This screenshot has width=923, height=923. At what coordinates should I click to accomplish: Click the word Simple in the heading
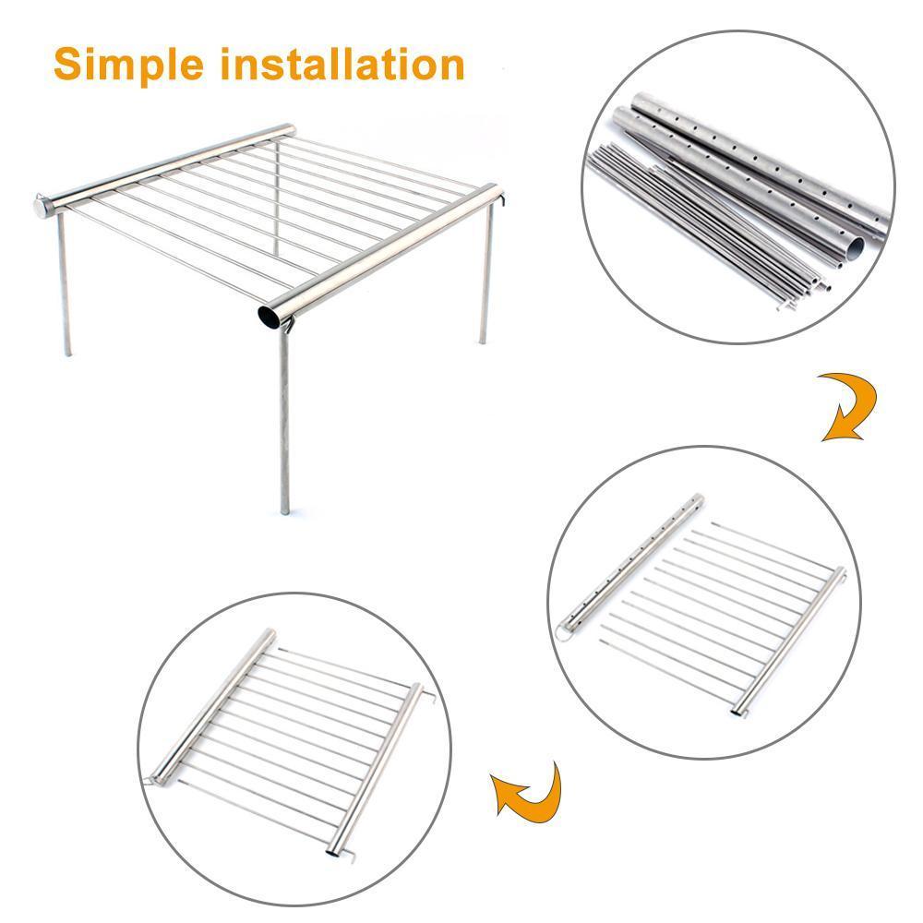click(x=129, y=66)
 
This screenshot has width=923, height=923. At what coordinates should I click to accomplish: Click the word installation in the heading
click(x=343, y=64)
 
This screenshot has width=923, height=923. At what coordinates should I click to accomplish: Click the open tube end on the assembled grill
click(x=270, y=316)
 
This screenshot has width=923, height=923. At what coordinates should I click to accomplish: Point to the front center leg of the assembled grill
click(x=284, y=418)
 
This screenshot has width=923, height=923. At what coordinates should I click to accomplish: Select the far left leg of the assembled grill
click(x=65, y=283)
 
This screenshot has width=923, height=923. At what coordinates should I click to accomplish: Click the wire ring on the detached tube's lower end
click(x=563, y=633)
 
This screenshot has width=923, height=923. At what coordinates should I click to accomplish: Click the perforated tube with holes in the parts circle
click(x=760, y=165)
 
